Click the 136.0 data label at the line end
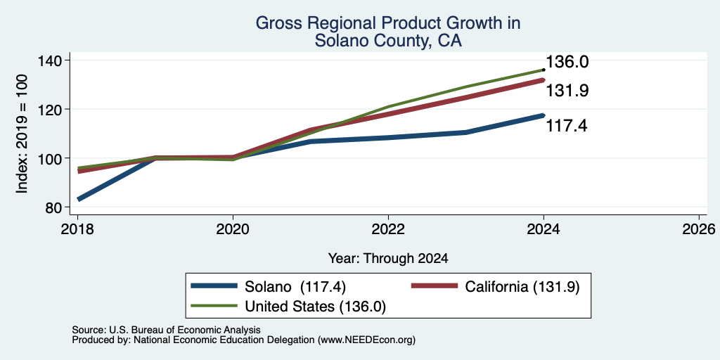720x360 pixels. click(567, 62)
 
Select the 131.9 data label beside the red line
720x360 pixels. click(567, 91)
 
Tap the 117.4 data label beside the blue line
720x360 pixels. click(566, 125)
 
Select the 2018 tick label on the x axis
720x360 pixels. click(77, 229)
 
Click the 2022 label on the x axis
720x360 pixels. click(388, 229)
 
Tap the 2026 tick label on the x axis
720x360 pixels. click(699, 229)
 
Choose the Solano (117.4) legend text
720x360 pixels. click(295, 287)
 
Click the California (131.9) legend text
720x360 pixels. click(522, 287)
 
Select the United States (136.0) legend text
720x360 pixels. click(316, 307)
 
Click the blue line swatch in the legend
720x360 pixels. click(214, 286)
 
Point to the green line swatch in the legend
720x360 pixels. click(214, 307)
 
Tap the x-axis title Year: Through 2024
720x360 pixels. click(388, 259)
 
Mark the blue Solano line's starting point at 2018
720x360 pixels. click(79, 199)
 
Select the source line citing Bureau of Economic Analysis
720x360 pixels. click(166, 330)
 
